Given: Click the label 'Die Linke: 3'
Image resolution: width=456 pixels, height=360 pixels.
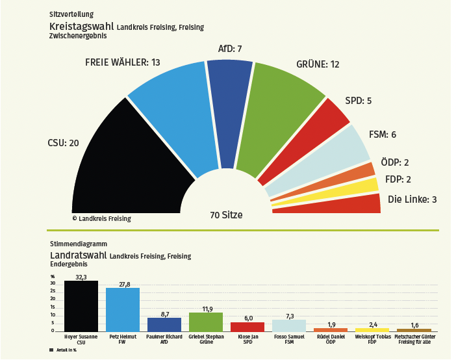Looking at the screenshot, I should pyautogui.click(x=412, y=199).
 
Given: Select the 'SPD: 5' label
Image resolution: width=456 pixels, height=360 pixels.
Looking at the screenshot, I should pyautogui.click(x=359, y=101).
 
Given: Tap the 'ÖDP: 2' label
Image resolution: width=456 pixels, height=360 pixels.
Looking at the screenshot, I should pyautogui.click(x=396, y=162).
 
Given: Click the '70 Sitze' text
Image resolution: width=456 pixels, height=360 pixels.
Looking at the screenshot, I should pyautogui.click(x=226, y=214).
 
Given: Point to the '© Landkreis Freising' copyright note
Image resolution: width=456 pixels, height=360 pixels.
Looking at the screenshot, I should pyautogui.click(x=101, y=218).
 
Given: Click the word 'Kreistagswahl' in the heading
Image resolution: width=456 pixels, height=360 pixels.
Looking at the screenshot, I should pyautogui.click(x=82, y=27).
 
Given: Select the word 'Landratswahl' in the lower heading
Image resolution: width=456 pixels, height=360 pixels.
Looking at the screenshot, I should pyautogui.click(x=79, y=255).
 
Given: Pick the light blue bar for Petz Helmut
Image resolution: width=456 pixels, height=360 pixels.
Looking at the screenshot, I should pyautogui.click(x=123, y=310).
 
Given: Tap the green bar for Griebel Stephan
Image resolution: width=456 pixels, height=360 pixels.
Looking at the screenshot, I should pyautogui.click(x=206, y=322).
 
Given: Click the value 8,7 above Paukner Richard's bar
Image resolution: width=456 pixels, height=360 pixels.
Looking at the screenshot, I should pyautogui.click(x=164, y=313).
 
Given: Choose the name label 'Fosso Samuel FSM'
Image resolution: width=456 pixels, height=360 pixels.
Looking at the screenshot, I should pyautogui.click(x=289, y=339).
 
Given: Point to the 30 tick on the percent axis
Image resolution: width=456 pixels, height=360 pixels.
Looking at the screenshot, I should pyautogui.click(x=53, y=283).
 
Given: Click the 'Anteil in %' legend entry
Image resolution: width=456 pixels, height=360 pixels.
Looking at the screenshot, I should pyautogui.click(x=65, y=350).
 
